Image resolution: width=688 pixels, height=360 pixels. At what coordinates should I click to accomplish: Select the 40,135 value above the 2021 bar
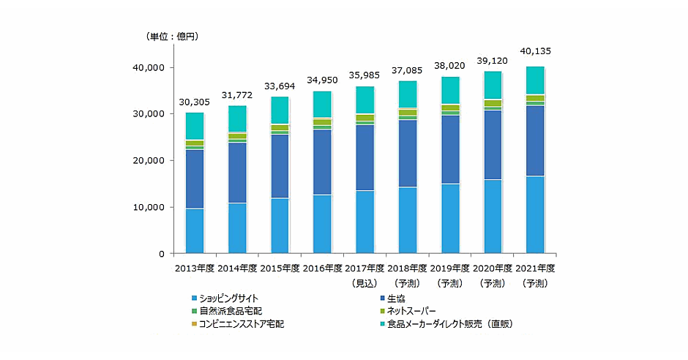(x=535, y=51)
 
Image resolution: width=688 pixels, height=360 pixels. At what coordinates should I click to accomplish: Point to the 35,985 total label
(x=364, y=75)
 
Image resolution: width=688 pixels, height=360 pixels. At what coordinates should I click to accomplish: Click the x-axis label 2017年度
(x=364, y=269)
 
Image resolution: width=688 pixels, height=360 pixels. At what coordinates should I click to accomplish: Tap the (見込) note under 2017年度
(x=364, y=282)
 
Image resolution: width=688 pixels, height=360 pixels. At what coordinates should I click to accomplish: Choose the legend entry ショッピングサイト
(x=228, y=298)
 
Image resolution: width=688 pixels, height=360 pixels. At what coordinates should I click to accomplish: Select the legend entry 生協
(x=395, y=298)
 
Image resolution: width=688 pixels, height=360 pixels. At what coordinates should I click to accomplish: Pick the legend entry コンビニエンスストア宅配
(x=242, y=323)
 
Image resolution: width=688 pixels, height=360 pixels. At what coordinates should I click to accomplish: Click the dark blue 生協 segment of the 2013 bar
(x=194, y=179)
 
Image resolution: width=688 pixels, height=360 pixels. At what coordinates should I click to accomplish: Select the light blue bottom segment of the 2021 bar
(x=535, y=215)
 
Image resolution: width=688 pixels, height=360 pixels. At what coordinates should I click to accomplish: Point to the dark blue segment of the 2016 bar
(x=322, y=162)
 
